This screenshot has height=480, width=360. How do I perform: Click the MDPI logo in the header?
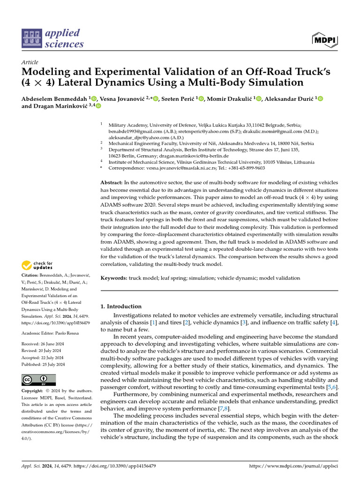pyautogui.click(x=324, y=41)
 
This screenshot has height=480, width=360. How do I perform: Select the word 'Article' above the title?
pyautogui.click(x=30, y=62)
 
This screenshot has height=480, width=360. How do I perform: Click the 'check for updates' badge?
pyautogui.click(x=38, y=266)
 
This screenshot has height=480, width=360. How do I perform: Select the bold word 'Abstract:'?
pyautogui.click(x=112, y=182)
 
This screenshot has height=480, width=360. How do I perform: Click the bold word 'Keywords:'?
pyautogui.click(x=114, y=278)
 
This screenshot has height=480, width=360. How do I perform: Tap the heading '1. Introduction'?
pyautogui.click(x=121, y=306)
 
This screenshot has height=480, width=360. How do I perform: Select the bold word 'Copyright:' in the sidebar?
pyautogui.click(x=33, y=391)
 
